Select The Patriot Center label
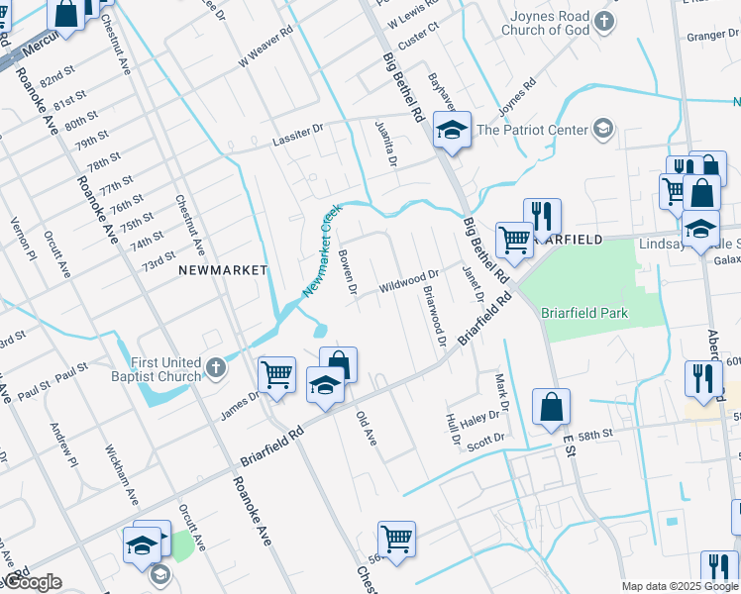pos(531,129)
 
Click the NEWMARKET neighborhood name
pos(223,269)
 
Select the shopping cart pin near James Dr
pos(276,375)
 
